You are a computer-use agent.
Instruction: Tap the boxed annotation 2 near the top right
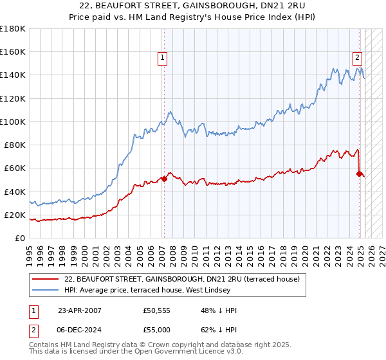pyautogui.click(x=357, y=57)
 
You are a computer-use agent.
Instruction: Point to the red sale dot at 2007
pyautogui.click(x=163, y=179)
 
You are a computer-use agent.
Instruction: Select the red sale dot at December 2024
pyautogui.click(x=359, y=173)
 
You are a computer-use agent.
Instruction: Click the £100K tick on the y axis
pyautogui.click(x=13, y=122)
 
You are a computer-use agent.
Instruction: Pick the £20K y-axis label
pyautogui.click(x=14, y=215)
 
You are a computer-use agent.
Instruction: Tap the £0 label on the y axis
pyautogui.click(x=19, y=238)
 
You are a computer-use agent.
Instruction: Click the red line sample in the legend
pyautogui.click(x=46, y=279)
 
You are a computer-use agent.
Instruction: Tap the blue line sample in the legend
pyautogui.click(x=46, y=290)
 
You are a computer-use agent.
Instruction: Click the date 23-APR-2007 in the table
pyautogui.click(x=79, y=310)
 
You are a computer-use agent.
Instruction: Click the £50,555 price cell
pyautogui.click(x=157, y=310)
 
